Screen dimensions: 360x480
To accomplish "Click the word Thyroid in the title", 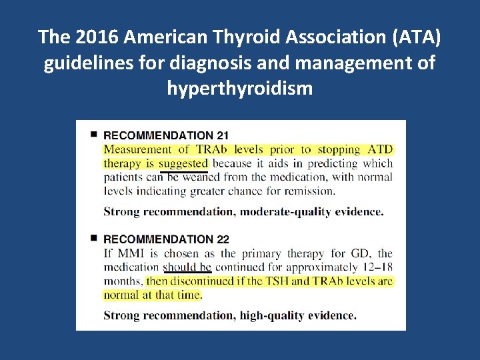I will click(223, 37).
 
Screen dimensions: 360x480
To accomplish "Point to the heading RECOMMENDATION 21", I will click(166, 136).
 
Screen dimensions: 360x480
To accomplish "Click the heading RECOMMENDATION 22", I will click(166, 239).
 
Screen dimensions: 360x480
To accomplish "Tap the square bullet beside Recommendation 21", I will click(94, 135).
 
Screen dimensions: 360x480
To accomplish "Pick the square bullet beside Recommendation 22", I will click(94, 238).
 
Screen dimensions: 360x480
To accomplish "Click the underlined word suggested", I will click(184, 163).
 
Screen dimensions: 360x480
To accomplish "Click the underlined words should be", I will click(187, 267).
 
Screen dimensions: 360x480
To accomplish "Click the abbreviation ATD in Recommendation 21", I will click(380, 149).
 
